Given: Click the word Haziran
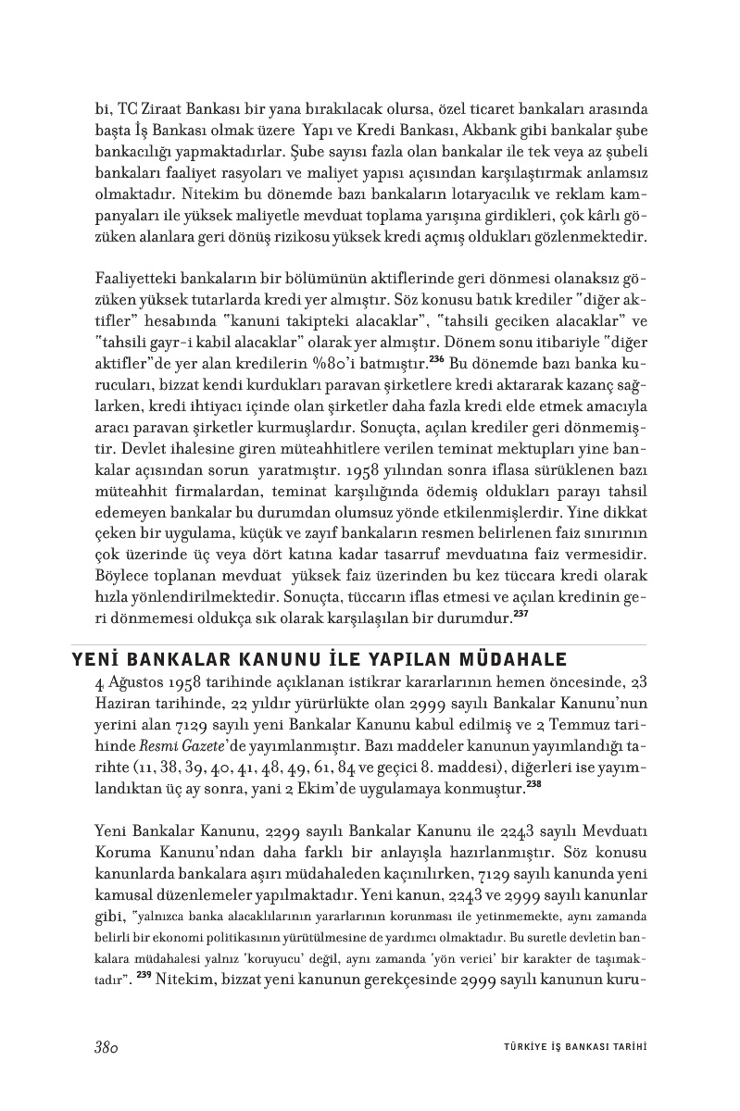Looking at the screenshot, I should click(123, 705).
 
